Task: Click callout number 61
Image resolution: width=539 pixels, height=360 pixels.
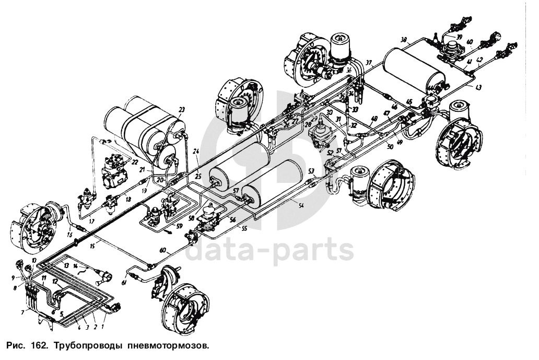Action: (x=124, y=283)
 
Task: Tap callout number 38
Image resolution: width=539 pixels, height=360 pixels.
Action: (x=403, y=40)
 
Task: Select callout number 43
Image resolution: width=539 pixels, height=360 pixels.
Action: (x=478, y=88)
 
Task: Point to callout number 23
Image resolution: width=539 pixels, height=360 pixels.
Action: (x=182, y=109)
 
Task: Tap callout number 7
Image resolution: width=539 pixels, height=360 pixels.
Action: (x=22, y=312)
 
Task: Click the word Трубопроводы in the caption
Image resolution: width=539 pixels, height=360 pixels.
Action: (x=84, y=345)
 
